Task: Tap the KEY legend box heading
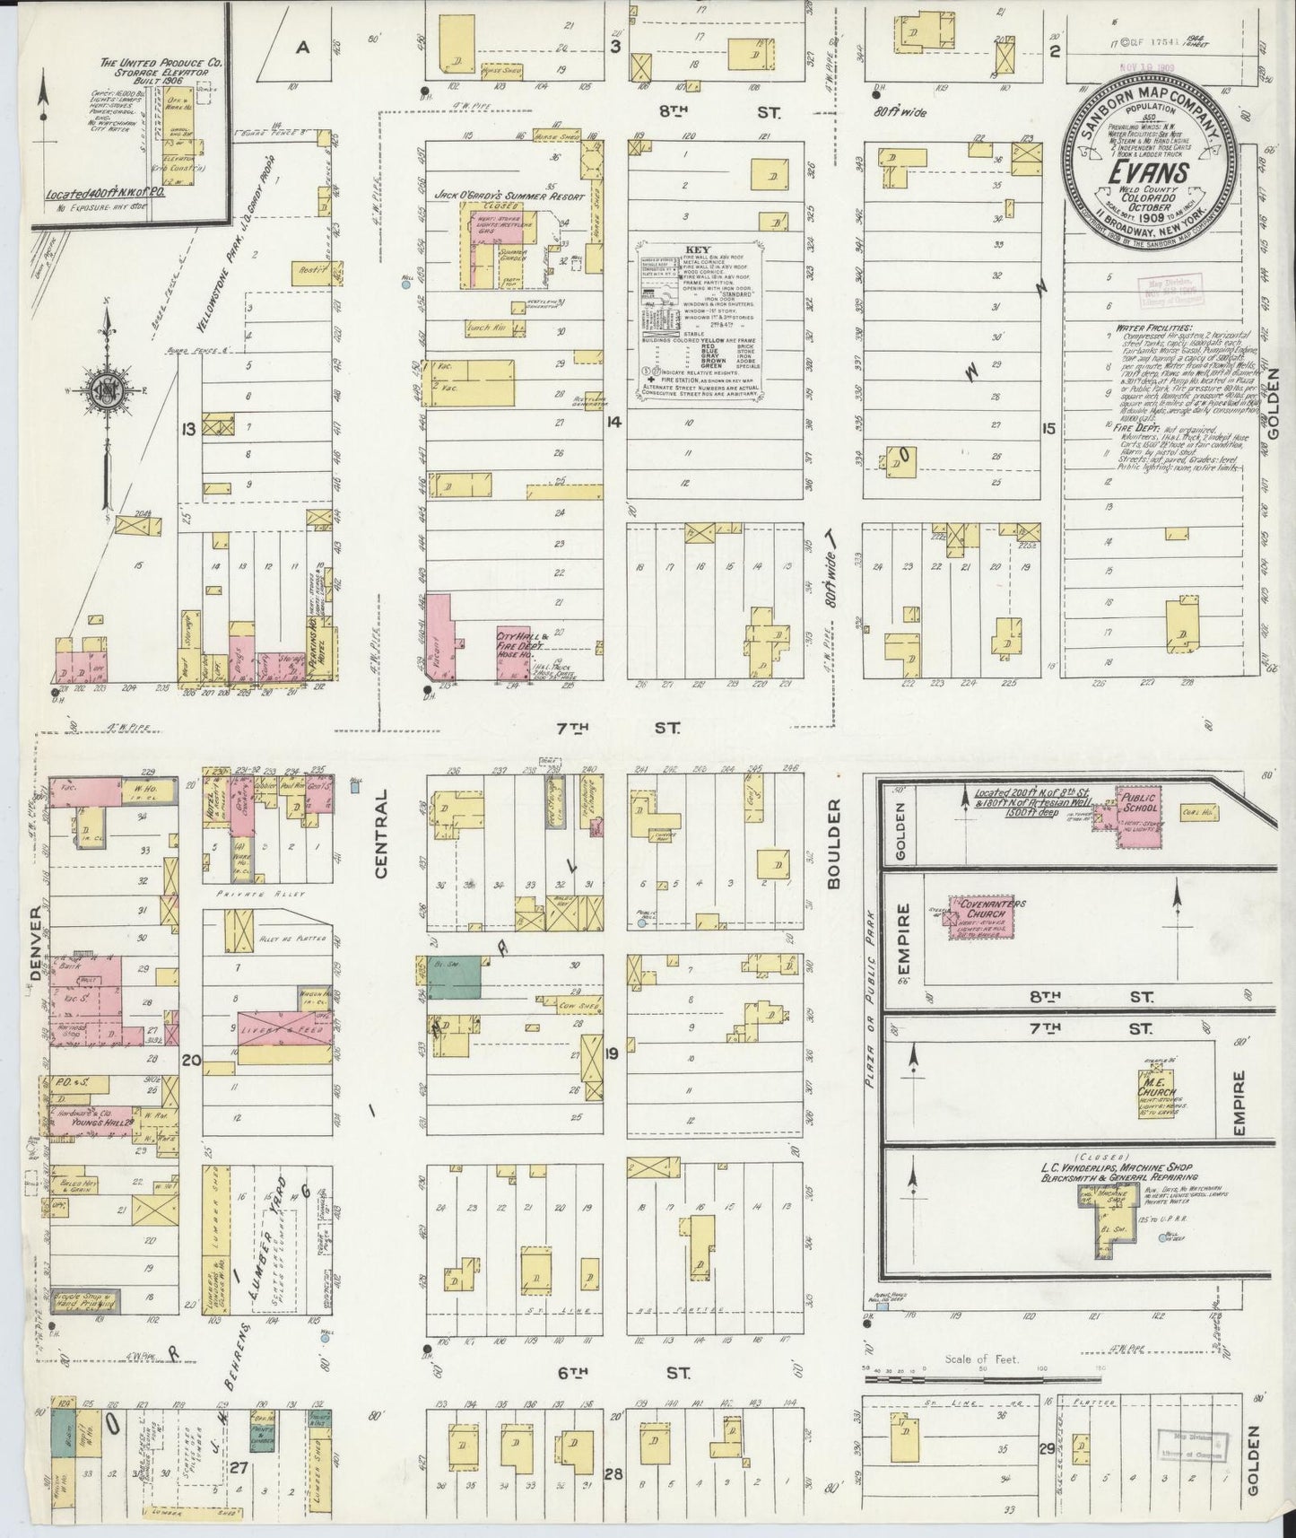696,250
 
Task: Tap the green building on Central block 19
456,977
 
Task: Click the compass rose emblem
107,393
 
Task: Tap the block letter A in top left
304,49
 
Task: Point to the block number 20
190,1060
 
